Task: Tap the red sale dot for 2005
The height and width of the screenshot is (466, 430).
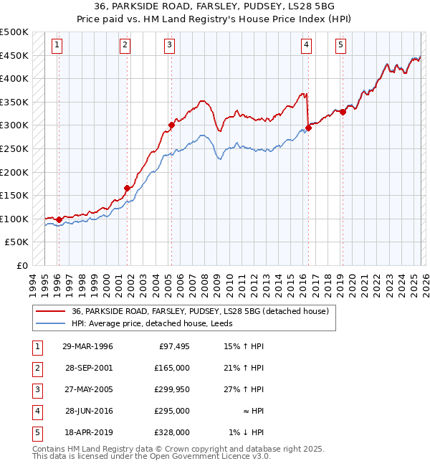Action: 171,125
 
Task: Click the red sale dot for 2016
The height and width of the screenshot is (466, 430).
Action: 309,128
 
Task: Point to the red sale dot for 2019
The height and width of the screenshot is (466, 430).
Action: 343,112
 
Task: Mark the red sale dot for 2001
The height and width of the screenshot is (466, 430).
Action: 127,189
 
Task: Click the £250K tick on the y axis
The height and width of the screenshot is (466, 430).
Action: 14,148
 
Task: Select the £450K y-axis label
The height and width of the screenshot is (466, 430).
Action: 14,55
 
